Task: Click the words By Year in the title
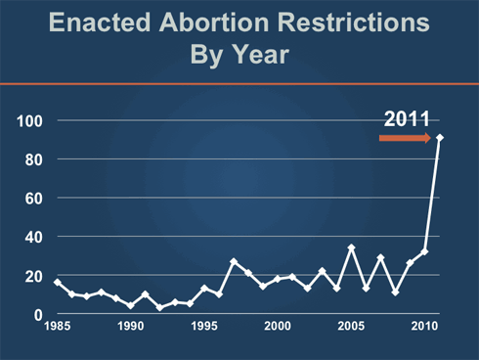(x=239, y=55)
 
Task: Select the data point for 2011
(x=439, y=138)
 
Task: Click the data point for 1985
(x=58, y=283)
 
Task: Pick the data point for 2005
(x=351, y=247)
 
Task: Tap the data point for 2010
(x=424, y=251)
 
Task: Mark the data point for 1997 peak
(x=234, y=261)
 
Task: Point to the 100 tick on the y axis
(x=31, y=120)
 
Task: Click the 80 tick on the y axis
(x=35, y=158)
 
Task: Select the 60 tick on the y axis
(x=35, y=198)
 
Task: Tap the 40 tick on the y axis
(x=35, y=237)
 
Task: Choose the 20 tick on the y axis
(x=35, y=276)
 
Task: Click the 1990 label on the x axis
(x=131, y=326)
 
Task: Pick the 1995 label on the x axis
(x=204, y=326)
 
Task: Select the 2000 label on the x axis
(x=278, y=326)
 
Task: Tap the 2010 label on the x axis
(x=423, y=326)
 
